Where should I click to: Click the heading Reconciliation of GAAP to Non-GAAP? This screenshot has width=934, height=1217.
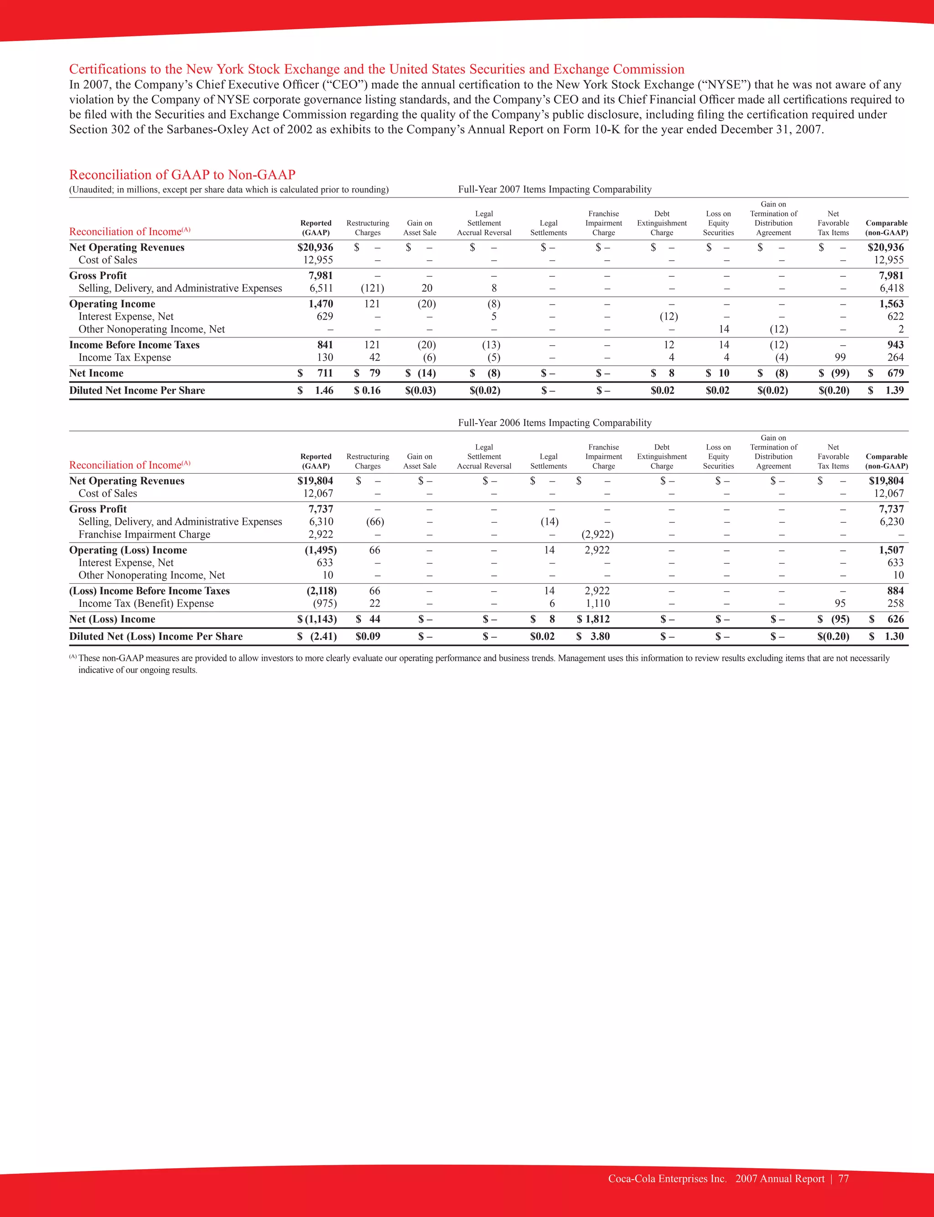[x=182, y=175]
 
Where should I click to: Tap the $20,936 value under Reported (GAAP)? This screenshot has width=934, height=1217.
[x=315, y=247]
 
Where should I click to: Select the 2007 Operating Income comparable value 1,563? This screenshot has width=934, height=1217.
[x=891, y=304]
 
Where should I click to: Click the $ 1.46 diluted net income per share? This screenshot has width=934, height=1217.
[x=316, y=391]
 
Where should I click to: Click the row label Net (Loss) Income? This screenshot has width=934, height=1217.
[x=112, y=619]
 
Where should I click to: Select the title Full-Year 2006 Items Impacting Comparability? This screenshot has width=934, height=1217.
[x=554, y=423]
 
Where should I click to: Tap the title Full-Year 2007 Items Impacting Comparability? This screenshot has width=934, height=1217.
[x=554, y=190]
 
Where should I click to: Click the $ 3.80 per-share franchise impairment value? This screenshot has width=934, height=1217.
[x=594, y=636]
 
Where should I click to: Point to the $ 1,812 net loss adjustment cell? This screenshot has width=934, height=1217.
[x=593, y=619]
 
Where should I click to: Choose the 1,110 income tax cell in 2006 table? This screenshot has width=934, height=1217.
[x=597, y=604]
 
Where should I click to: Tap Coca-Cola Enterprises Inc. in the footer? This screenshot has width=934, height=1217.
[x=667, y=1179]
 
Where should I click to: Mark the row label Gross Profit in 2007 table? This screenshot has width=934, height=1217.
[x=98, y=275]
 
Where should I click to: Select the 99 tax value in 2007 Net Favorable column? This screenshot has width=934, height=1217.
[x=840, y=358]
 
